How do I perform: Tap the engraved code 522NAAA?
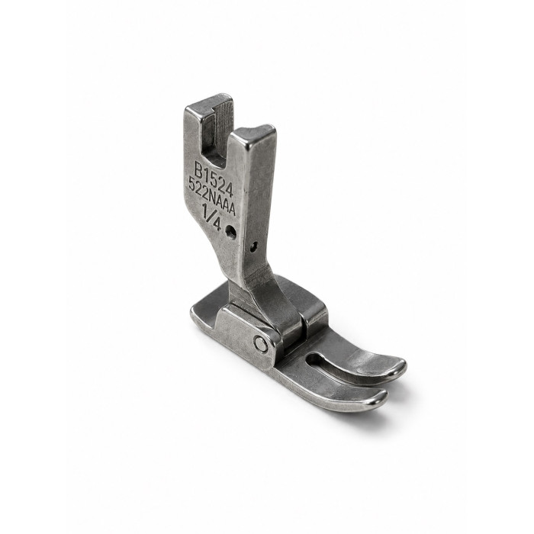coord(212,197)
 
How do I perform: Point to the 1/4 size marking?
coord(213,215)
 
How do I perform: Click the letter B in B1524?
coord(198,169)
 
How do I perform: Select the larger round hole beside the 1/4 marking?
coord(232,231)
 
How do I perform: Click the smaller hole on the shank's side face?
coord(254,246)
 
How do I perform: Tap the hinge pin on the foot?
coord(261,344)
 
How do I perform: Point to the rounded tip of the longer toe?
coord(398,368)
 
